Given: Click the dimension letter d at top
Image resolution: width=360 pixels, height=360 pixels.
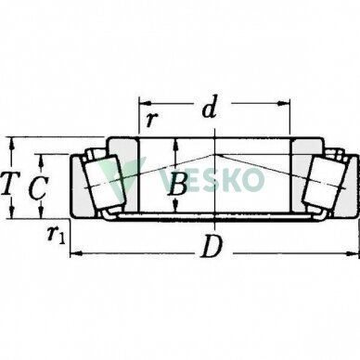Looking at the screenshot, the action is coord(210,107).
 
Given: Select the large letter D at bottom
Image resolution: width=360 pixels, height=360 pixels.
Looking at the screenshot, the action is coord(212,247).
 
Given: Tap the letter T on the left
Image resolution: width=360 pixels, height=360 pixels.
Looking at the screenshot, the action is coord(9,184).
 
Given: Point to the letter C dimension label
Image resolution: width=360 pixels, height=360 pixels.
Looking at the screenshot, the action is coord(38,187).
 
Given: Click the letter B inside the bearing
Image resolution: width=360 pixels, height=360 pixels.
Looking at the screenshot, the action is coord(177,184).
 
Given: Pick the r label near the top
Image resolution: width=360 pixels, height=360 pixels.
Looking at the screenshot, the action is coord(151,120).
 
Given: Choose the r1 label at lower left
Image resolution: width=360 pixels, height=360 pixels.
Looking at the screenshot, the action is coord(57,235).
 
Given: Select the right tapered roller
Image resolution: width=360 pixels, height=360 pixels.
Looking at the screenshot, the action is coord(326,184).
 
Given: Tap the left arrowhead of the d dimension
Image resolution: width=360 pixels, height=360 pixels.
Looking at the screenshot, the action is coord(145,103).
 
